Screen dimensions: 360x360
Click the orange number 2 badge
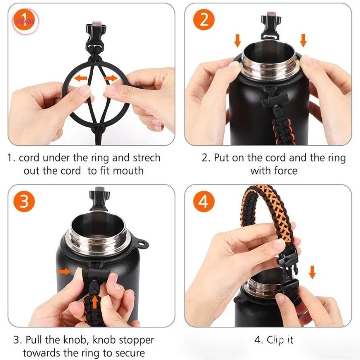click(204, 20)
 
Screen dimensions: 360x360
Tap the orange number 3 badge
click(24, 201)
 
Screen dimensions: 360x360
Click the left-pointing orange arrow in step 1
click(81, 78)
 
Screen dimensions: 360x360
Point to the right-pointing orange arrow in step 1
click(111, 78)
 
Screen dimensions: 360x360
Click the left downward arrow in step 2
click(238, 40)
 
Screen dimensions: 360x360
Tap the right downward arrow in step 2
click(303, 40)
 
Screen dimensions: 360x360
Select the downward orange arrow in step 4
click(312, 272)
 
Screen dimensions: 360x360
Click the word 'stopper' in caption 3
click(137, 341)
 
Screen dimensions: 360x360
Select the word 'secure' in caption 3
click(130, 353)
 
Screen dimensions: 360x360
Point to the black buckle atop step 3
click(99, 199)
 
